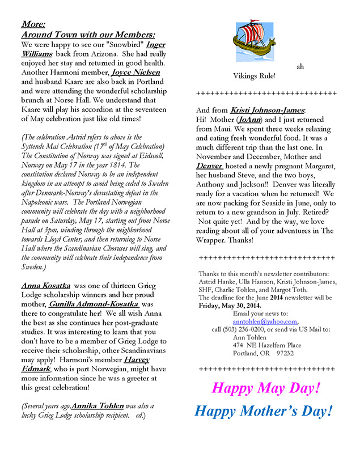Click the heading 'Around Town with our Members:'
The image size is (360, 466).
[87, 35]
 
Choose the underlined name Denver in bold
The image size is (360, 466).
[210, 166]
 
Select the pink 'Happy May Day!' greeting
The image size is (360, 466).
[266, 388]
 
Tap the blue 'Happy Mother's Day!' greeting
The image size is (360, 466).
[263, 411]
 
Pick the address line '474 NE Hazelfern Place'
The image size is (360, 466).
[268, 345]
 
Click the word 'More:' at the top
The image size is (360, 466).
[34, 24]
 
